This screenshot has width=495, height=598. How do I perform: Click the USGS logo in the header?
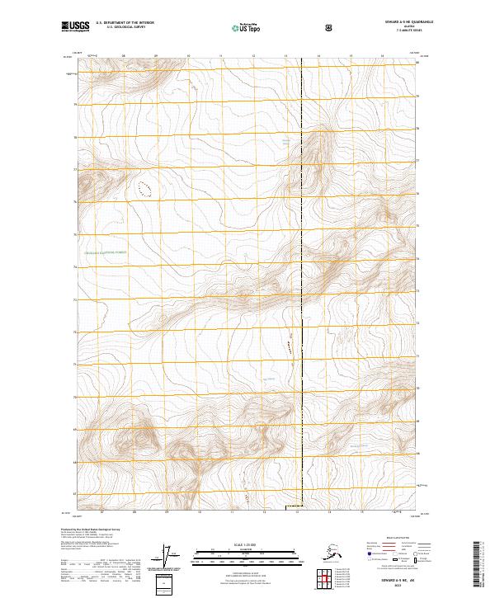[x=75, y=26]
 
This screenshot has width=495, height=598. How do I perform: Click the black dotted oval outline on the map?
[x=147, y=189]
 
